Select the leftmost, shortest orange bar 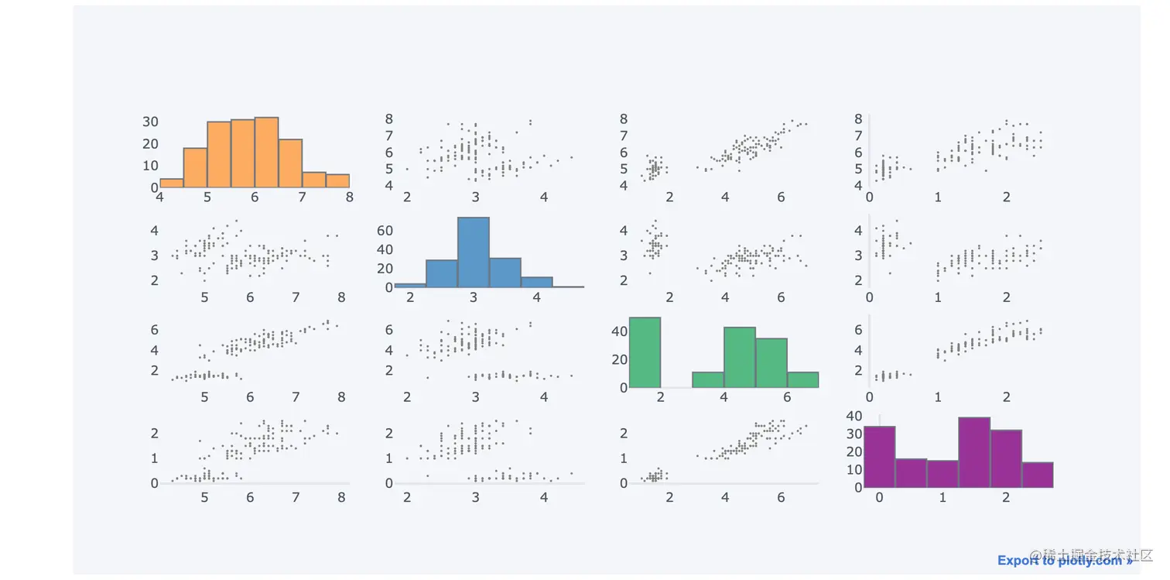tap(171, 184)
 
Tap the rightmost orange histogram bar tap(337, 180)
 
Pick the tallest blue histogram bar tap(473, 252)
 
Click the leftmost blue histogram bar tap(409, 285)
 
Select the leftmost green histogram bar tap(645, 352)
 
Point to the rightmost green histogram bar tap(802, 379)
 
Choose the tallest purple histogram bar tap(974, 452)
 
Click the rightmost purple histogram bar tap(1037, 475)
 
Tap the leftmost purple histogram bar tap(879, 457)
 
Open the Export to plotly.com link tap(1065, 561)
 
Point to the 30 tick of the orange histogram tap(150, 122)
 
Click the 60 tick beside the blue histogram tap(385, 231)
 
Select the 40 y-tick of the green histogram tap(618, 331)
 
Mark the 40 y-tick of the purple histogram tap(854, 416)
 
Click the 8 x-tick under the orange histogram tap(349, 197)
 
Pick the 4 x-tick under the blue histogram tap(536, 297)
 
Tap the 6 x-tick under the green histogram tap(787, 398)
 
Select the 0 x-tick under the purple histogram tap(879, 497)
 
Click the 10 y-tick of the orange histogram tap(150, 166)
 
